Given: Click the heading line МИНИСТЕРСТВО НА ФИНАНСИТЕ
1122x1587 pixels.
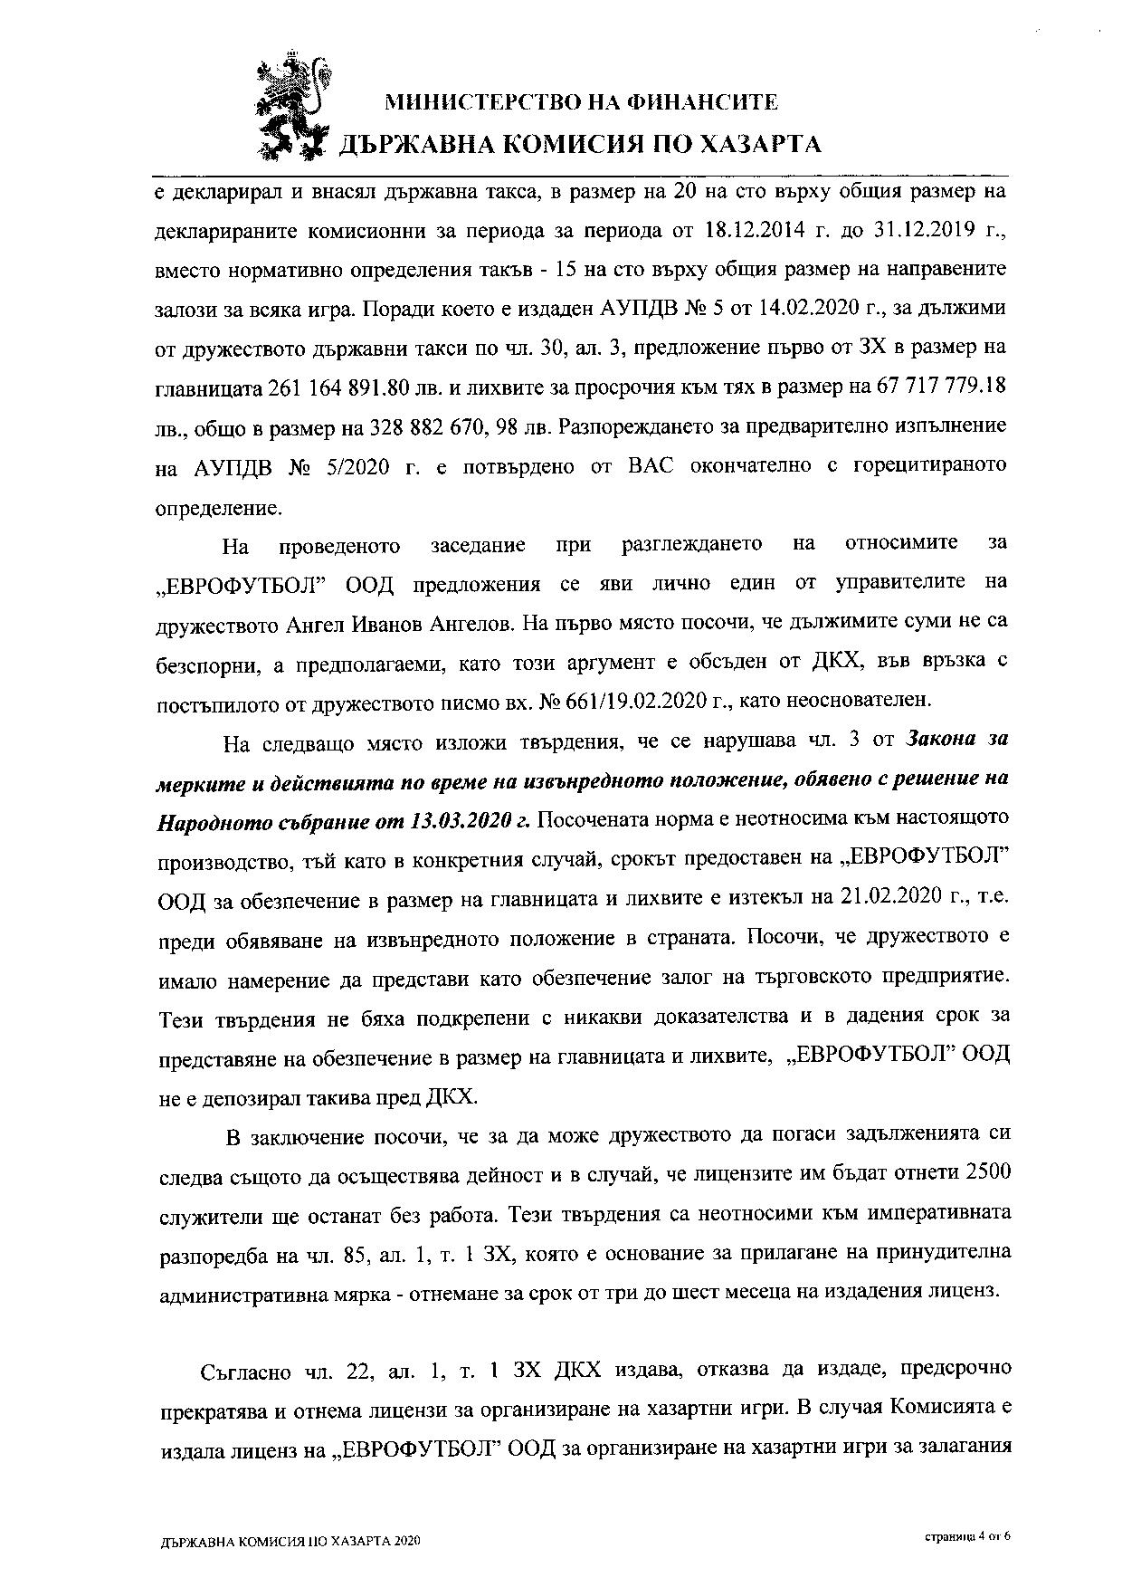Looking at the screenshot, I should [582, 102].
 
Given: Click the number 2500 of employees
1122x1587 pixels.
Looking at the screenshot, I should [988, 1172].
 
